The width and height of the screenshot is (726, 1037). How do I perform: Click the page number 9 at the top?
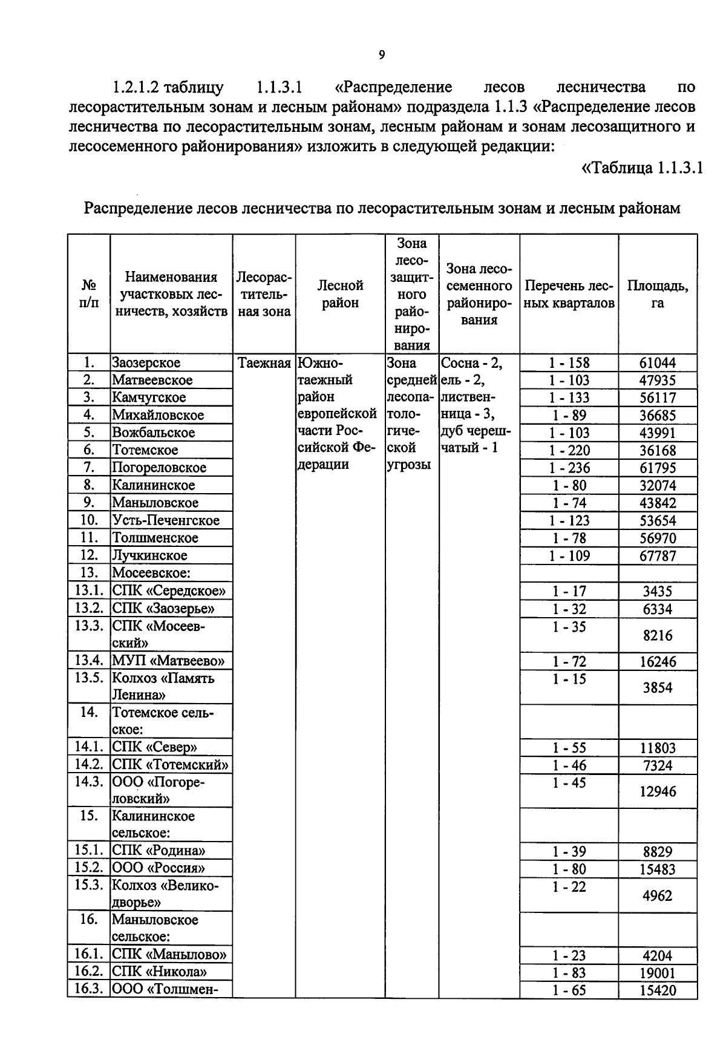click(381, 56)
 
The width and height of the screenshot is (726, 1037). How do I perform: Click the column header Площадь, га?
click(657, 294)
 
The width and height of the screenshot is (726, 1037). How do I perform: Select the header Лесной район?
click(340, 294)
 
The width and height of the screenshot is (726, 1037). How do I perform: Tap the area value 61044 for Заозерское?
click(657, 363)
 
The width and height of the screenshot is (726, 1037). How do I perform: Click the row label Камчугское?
click(149, 397)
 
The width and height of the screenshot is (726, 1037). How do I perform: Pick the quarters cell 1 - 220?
click(569, 450)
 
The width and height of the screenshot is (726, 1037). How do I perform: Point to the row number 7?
click(88, 467)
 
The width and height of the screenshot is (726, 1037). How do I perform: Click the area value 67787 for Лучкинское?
click(657, 555)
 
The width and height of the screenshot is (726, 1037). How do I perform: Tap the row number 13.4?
click(89, 661)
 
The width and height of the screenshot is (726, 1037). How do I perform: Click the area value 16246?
click(657, 661)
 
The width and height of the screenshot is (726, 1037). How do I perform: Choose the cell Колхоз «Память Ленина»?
click(163, 686)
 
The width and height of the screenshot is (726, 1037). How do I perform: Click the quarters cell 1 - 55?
click(569, 748)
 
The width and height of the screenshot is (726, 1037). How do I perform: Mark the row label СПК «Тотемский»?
click(171, 765)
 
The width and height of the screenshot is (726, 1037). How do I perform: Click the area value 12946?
click(657, 791)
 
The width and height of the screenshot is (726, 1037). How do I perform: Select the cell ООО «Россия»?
click(159, 868)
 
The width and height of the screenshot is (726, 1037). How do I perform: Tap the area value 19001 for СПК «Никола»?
click(657, 973)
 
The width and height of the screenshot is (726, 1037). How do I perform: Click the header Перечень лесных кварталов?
click(569, 294)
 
